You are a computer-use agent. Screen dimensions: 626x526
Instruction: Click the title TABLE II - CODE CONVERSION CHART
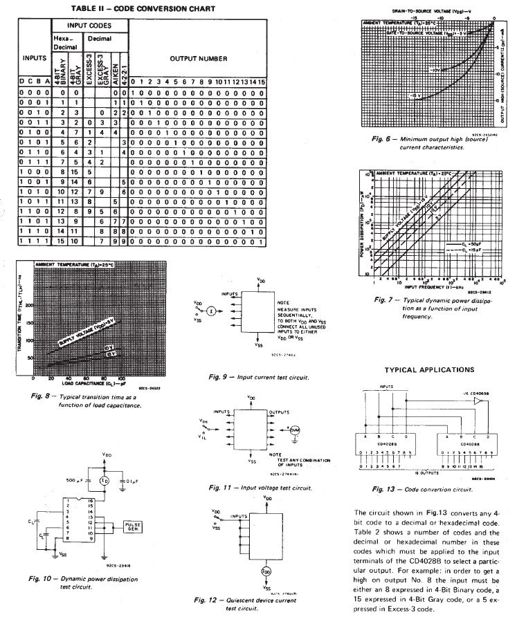point(143,9)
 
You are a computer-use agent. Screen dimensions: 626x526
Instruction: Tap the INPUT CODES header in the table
point(86,26)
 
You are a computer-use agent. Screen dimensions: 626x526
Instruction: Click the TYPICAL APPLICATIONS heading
point(429,370)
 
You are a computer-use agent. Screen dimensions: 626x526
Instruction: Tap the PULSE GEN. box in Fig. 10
point(131,527)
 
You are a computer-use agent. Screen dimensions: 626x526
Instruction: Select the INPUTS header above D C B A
point(33,59)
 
